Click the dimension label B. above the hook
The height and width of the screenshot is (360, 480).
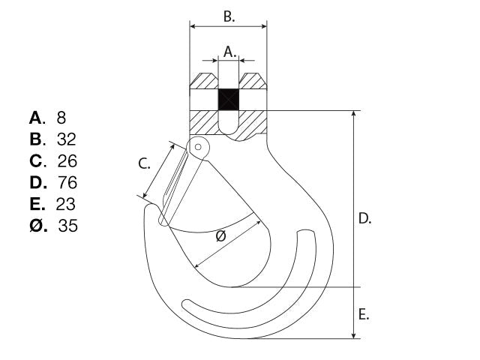[x=229, y=16]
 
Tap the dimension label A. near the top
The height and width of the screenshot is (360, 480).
[x=230, y=52]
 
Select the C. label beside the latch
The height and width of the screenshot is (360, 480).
[x=144, y=163]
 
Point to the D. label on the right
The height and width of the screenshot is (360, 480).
[x=364, y=218]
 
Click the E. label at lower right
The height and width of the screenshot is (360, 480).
[x=364, y=314]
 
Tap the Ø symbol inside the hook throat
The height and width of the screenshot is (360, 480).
[x=221, y=236]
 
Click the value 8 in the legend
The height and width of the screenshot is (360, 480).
[x=61, y=118]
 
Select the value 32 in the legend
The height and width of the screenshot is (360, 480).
[x=67, y=139]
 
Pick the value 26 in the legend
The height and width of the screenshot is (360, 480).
[x=67, y=161]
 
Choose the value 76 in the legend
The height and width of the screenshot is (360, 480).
[x=67, y=183]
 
